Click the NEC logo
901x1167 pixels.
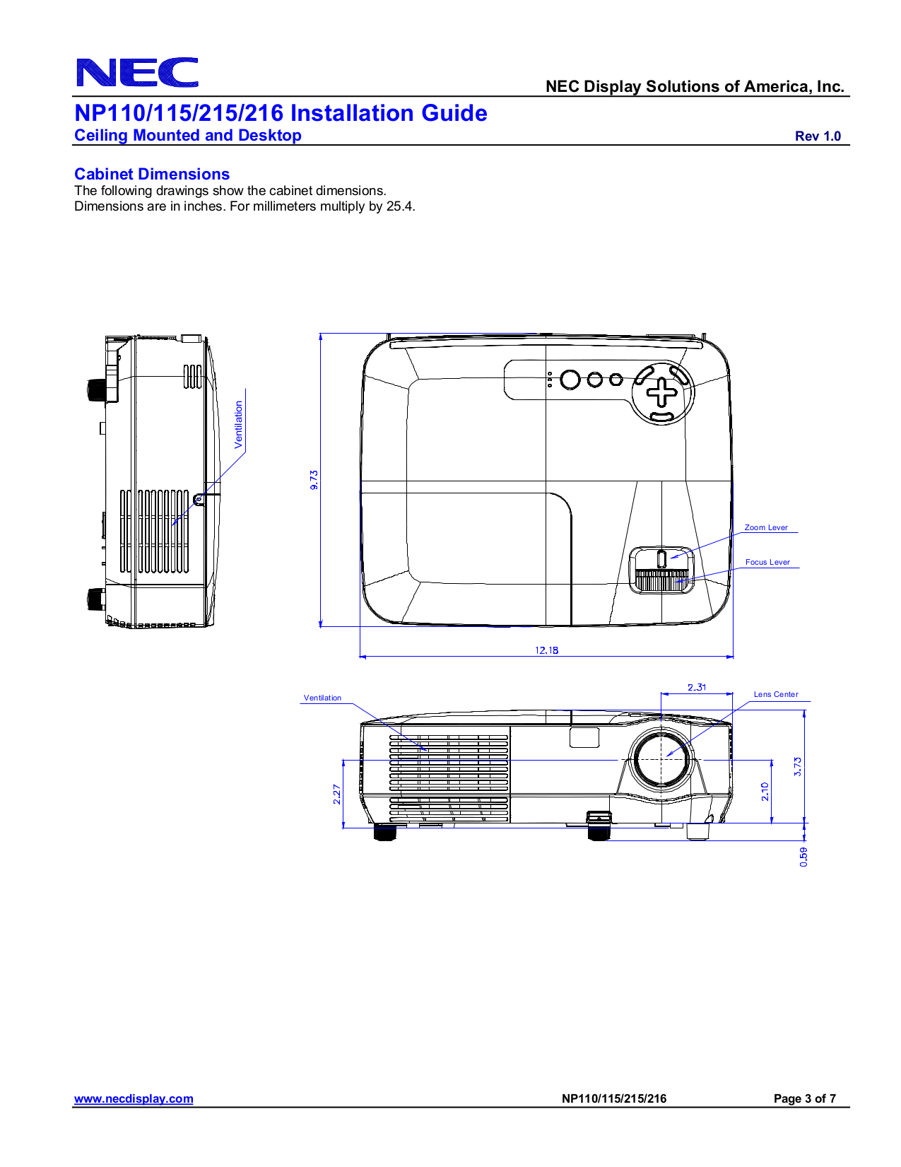137,73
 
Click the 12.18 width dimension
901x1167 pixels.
546,650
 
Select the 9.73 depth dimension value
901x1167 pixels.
314,480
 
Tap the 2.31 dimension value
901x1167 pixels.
696,687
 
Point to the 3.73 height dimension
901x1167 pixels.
798,766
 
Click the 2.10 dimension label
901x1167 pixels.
765,791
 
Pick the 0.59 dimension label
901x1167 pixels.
803,857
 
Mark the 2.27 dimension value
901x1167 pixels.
337,794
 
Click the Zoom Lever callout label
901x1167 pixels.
766,527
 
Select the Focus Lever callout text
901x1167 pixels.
767,562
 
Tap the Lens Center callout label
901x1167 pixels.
776,694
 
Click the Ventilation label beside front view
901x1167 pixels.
322,698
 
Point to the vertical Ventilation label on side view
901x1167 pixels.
239,424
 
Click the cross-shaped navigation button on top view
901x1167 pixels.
662,392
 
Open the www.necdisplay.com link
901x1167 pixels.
134,1098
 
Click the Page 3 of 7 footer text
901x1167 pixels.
804,1098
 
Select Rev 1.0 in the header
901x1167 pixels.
818,136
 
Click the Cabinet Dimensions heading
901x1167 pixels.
152,174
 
